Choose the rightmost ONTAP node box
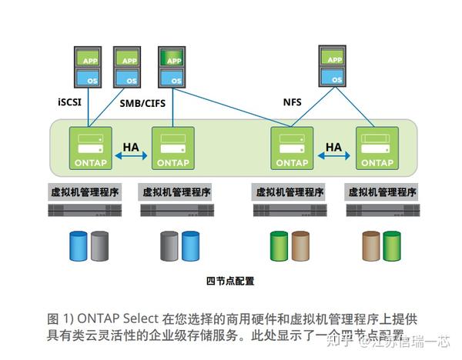pyautogui.click(x=377, y=148)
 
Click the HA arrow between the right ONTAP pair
pyautogui.click(x=333, y=155)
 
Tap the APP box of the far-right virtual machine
pyautogui.click(x=334, y=58)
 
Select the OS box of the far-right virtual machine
pyautogui.click(x=334, y=77)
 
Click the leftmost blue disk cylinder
pyautogui.click(x=79, y=245)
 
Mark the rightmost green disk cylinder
pyautogui.click(x=391, y=245)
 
